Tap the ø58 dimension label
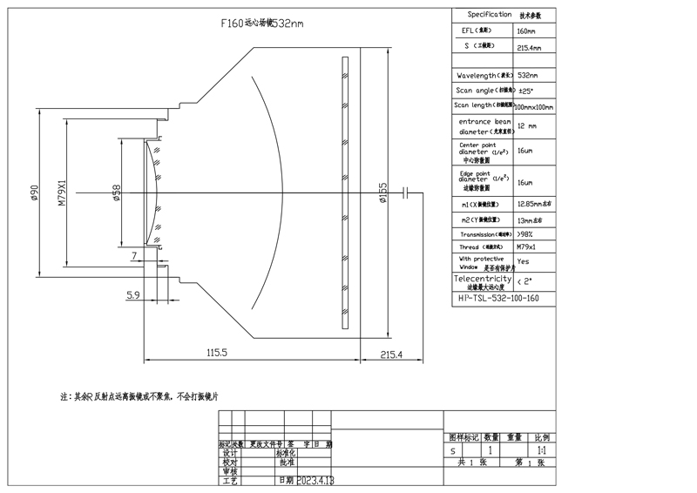pos(115,192)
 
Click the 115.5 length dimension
pos(216,354)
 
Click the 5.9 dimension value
pos(133,295)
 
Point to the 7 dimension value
pos(133,255)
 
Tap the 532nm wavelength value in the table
pos(528,75)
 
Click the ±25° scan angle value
pos(525,90)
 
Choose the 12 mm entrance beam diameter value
pos(528,125)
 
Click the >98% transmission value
pos(525,234)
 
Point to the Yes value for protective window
pos(523,260)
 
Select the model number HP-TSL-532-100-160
pos(498,297)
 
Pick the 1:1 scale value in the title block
pos(542,451)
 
